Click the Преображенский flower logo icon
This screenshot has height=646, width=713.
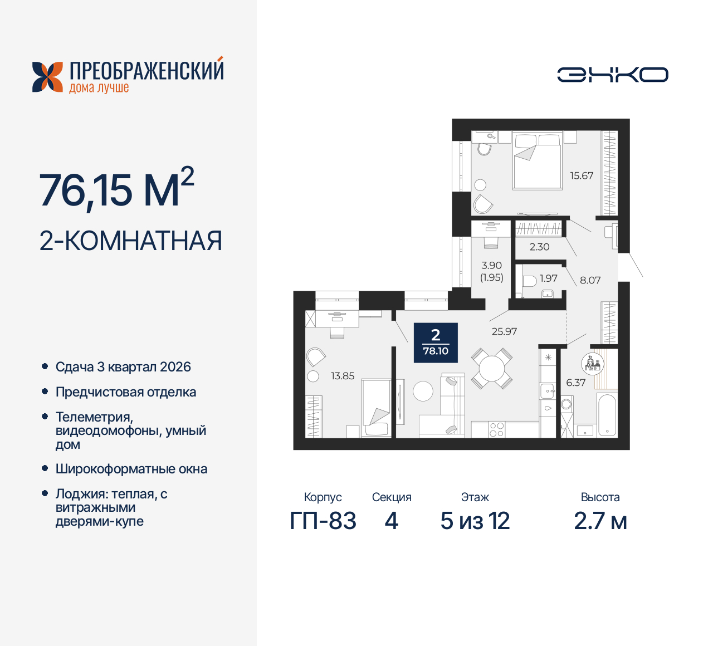[x=47, y=76]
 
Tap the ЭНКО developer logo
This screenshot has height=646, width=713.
[x=612, y=75]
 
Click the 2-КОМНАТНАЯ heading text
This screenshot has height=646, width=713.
[x=130, y=241]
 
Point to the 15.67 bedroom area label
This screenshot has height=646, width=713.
[x=581, y=175]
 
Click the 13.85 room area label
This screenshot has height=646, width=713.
[x=343, y=376]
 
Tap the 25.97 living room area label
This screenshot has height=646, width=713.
[x=504, y=331]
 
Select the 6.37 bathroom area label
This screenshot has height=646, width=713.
[x=575, y=383]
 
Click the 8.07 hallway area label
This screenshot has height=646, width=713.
[x=590, y=280]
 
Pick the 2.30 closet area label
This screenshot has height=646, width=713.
[x=539, y=247]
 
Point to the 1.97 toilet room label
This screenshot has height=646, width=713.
[x=548, y=278]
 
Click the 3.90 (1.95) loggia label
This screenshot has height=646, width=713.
[x=491, y=271]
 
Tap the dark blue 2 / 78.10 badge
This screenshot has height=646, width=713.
[x=436, y=342]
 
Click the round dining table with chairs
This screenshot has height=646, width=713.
[x=492, y=368]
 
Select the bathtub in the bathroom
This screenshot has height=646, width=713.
[x=607, y=415]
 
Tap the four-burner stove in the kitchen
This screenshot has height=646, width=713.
[x=496, y=429]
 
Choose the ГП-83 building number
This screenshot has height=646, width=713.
[x=323, y=521]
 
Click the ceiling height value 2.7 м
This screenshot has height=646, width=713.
[x=600, y=521]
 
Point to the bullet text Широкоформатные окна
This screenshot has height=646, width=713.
[x=131, y=469]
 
